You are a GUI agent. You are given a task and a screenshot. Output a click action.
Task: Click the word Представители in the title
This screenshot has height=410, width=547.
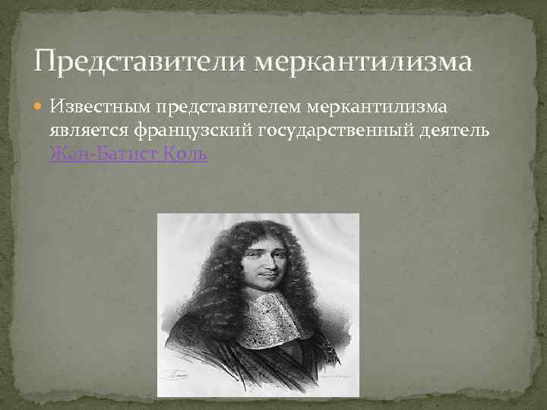(141, 60)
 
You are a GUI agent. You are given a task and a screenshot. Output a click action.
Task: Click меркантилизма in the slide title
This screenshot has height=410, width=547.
(362, 60)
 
